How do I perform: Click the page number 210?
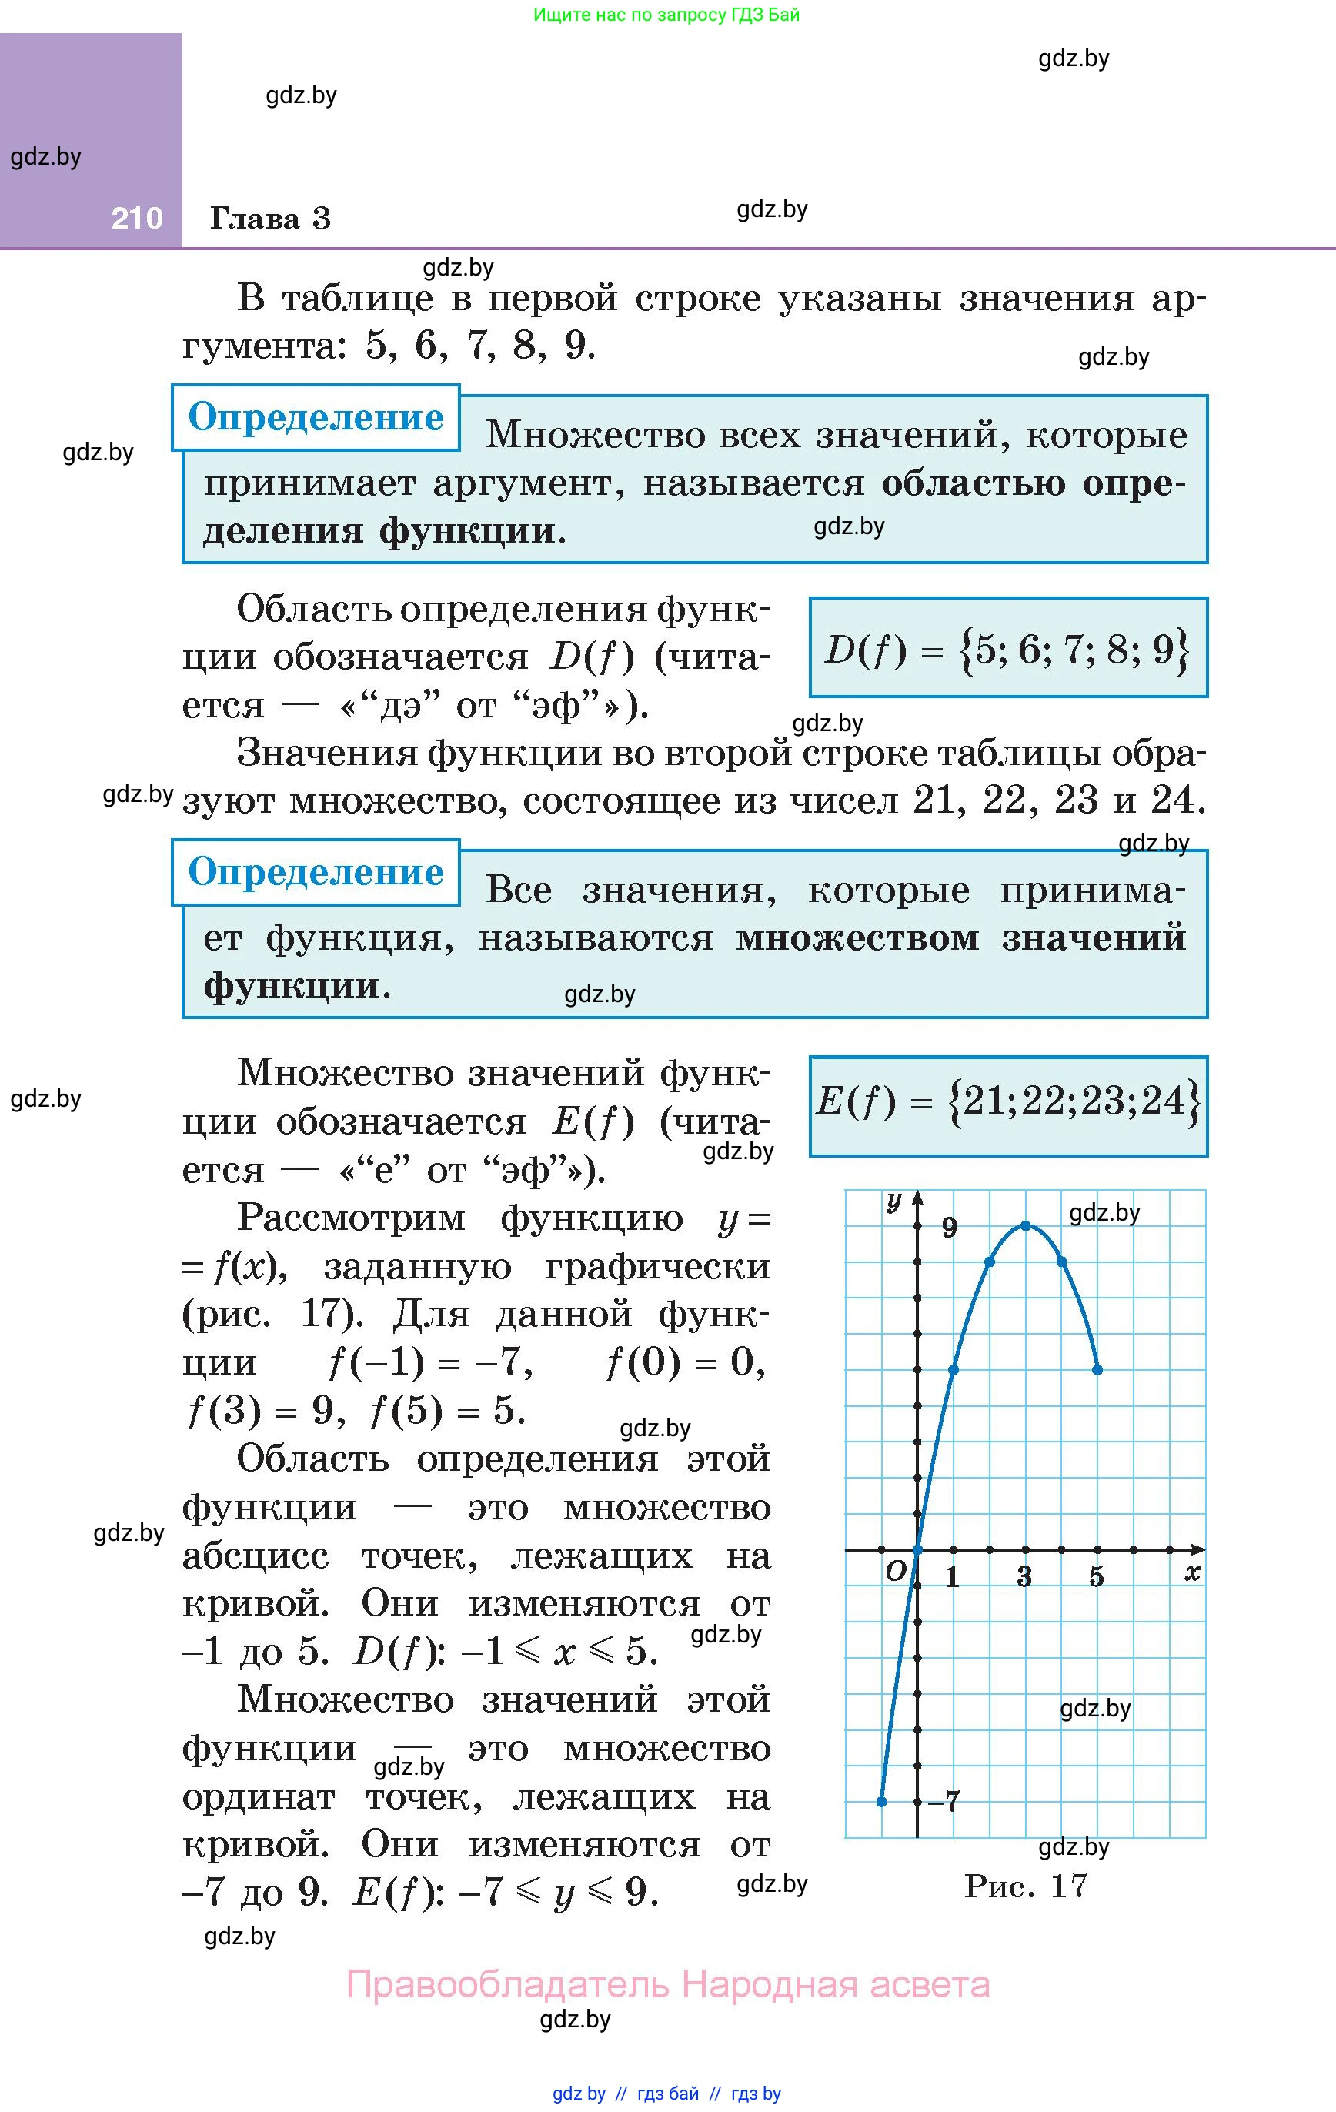coord(137,218)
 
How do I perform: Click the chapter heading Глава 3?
coord(270,218)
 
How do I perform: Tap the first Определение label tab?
coord(316,417)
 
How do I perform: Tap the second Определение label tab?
coord(316,872)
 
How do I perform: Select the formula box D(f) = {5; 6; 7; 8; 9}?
coord(1008,648)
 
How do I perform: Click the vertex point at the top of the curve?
coord(1025,1225)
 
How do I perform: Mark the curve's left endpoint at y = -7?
coord(882,1802)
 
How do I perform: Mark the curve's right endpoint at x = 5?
coord(1097,1369)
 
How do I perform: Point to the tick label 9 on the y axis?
coord(949,1228)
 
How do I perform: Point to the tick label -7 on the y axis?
coord(944,1802)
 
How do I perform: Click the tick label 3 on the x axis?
coord(1024,1577)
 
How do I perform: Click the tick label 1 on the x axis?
coord(953,1577)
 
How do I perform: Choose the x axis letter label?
coord(1192,1572)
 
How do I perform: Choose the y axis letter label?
coord(894,1201)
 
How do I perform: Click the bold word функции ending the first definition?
coord(466,530)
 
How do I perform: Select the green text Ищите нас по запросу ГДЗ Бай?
coord(666,15)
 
